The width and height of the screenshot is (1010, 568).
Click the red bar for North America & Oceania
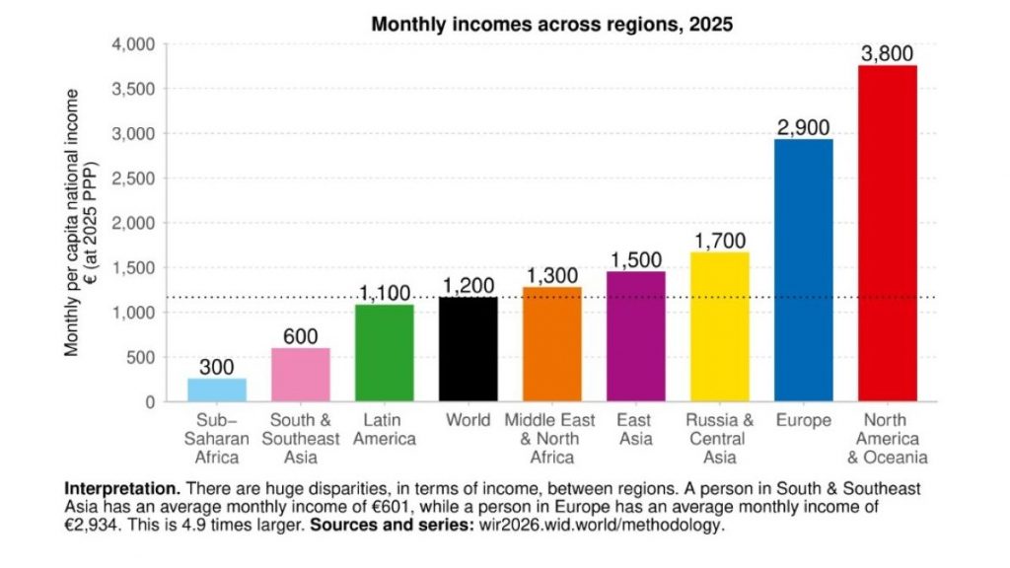tap(887, 234)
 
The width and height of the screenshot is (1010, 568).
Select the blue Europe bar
tap(803, 270)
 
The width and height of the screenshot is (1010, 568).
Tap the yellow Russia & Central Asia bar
tap(719, 326)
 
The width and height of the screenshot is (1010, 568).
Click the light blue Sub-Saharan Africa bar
tap(217, 390)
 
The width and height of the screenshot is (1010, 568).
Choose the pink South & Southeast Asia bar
tap(301, 375)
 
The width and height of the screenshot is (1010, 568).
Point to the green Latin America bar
tap(385, 353)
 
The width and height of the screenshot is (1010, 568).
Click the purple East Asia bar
tap(636, 336)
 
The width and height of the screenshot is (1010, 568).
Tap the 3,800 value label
tap(887, 54)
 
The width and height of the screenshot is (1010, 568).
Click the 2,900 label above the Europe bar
tap(803, 128)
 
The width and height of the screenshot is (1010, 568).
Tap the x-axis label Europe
tap(803, 421)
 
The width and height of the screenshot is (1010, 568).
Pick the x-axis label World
tap(469, 421)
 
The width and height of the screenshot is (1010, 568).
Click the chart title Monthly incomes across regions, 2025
tap(551, 25)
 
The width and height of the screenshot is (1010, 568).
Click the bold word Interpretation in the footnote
tap(121, 489)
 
